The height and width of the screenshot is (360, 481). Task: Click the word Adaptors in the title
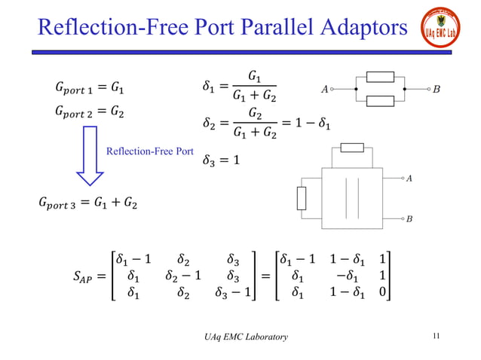click(x=359, y=29)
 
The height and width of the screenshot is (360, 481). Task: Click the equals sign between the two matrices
click(x=265, y=276)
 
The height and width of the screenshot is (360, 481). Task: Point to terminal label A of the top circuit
click(x=325, y=89)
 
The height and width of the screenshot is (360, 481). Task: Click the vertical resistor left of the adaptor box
click(x=302, y=199)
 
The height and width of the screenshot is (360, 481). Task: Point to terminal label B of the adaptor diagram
click(x=409, y=218)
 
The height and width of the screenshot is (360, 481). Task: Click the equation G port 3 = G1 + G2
click(x=84, y=203)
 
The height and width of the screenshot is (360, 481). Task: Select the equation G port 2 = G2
click(x=80, y=112)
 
